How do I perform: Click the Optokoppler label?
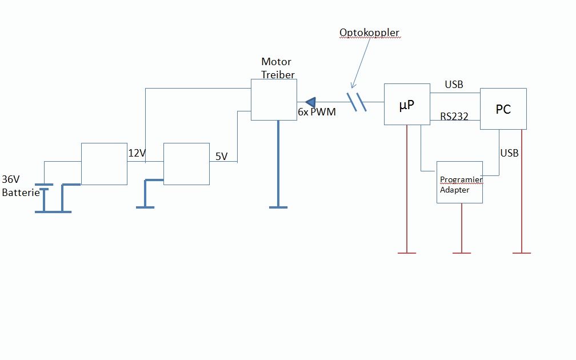pos(370,33)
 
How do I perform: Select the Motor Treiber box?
pos(274,99)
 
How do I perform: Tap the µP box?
pos(406,104)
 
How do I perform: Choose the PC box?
pos(503,109)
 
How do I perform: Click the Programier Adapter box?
pos(459,182)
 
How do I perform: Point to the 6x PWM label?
pos(317,113)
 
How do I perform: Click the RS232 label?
pos(454,117)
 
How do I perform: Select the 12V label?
pos(137,153)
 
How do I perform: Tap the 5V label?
pos(222,155)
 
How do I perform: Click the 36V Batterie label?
pos(21,185)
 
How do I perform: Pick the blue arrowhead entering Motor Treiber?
pos(311,102)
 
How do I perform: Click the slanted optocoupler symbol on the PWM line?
pos(357,101)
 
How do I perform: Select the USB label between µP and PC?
pos(454,85)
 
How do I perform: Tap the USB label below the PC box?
pos(509,153)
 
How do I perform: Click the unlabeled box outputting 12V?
pos(104,164)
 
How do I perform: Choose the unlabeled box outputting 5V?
pos(186,164)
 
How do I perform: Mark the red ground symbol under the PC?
pos(522,252)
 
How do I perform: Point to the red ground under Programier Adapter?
pos(461,252)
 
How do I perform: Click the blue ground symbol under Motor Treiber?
pos(278,206)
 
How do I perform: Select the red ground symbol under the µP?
pos(406,252)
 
